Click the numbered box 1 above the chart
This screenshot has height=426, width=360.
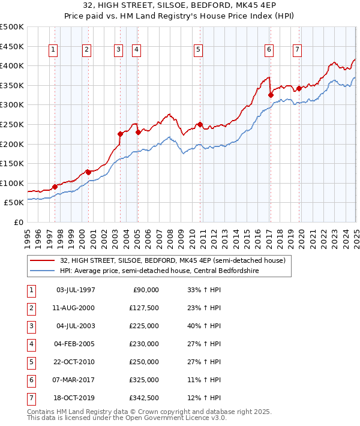(x=53, y=50)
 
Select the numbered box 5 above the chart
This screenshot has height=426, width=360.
(x=198, y=50)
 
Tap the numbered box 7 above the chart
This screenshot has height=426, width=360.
(x=297, y=50)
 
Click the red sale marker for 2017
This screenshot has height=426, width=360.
(x=271, y=95)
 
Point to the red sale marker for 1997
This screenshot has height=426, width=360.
(x=55, y=187)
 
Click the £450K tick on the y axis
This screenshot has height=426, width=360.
(x=12, y=46)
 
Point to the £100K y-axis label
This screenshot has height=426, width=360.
(x=12, y=183)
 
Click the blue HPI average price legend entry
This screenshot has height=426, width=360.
(x=158, y=271)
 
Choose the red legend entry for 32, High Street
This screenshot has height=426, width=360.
(x=167, y=260)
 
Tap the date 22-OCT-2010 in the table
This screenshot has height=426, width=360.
(x=76, y=362)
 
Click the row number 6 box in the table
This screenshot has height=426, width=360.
(x=30, y=380)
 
